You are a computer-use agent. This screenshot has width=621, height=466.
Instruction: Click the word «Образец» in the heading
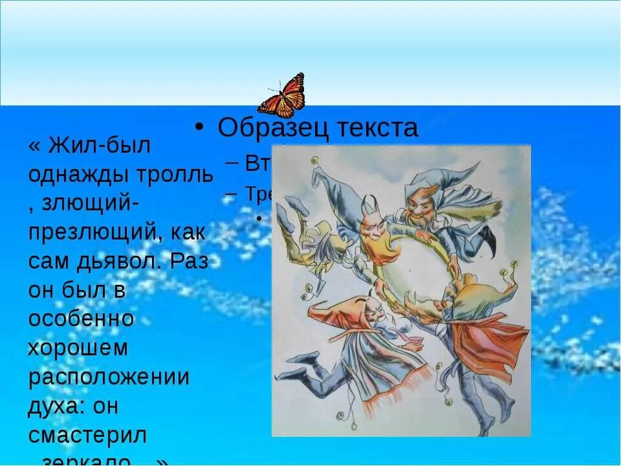click(273, 128)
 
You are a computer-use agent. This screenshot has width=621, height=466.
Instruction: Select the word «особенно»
click(81, 319)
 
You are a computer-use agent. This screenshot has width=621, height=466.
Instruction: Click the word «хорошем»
click(78, 348)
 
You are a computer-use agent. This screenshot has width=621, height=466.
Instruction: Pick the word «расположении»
click(109, 377)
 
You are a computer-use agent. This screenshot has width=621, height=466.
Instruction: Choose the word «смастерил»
click(87, 434)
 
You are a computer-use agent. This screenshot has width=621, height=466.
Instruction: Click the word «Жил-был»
click(98, 146)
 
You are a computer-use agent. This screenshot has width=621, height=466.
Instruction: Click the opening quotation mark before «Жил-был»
click(33, 146)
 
